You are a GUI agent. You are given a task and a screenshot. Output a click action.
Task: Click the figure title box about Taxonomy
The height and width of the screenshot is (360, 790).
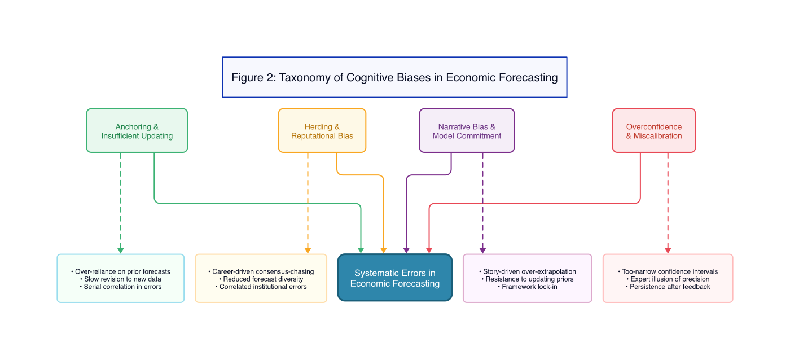click(x=394, y=77)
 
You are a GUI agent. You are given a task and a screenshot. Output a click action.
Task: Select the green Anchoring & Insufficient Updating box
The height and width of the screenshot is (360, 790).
click(x=137, y=131)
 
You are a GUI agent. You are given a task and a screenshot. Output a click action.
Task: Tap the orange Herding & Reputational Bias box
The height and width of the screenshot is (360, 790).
click(x=322, y=131)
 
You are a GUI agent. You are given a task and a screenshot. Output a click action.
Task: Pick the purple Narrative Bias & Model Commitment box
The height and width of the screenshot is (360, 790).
click(x=467, y=131)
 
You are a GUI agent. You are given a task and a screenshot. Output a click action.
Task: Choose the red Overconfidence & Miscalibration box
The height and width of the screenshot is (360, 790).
click(x=653, y=131)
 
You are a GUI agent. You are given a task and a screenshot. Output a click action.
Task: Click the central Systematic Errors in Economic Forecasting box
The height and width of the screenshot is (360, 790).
click(x=394, y=278)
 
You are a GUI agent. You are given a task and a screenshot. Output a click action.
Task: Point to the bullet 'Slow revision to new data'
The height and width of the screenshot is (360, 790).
click(x=121, y=279)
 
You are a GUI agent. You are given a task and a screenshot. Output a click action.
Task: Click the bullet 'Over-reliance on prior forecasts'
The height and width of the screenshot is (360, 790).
click(x=121, y=271)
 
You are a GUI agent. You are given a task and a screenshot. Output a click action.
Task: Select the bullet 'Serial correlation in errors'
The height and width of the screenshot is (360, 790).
click(x=121, y=287)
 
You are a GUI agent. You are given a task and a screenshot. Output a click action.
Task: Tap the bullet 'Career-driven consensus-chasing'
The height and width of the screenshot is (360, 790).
click(x=261, y=271)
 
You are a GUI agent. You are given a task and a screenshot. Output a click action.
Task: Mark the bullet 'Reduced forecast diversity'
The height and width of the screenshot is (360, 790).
click(x=261, y=279)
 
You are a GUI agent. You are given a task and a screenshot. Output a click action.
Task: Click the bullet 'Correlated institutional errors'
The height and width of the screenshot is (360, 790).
click(x=261, y=287)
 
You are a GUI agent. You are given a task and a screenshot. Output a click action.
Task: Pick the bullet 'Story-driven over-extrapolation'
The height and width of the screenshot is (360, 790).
click(x=527, y=271)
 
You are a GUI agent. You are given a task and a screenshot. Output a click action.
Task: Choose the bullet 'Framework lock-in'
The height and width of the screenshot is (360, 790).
click(x=527, y=287)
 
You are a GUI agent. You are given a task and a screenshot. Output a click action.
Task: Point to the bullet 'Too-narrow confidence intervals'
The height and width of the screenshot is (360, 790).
click(x=668, y=271)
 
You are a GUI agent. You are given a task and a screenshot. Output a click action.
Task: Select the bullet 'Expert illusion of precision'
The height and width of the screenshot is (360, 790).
click(x=668, y=279)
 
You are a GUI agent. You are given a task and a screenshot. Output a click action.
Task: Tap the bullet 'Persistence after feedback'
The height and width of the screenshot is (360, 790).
click(x=668, y=287)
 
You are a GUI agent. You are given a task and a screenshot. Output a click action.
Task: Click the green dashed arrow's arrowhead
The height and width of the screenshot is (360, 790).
click(x=120, y=250)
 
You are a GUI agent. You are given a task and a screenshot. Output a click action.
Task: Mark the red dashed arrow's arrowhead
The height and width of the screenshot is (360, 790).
click(x=668, y=250)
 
